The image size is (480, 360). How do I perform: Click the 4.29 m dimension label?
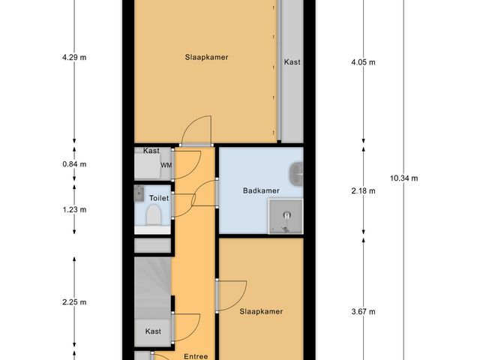tap(74, 56)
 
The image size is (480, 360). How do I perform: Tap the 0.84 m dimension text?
tap(74, 164)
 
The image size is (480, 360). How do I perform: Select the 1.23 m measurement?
tap(74, 210)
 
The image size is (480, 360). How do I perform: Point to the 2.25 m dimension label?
tap(74, 302)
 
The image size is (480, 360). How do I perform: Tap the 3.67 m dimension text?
tap(364, 312)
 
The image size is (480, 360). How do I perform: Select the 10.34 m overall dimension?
tap(404, 178)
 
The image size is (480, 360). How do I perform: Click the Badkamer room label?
tap(261, 190)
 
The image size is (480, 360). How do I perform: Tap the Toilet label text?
tap(159, 198)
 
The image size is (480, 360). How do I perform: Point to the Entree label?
tap(195, 355)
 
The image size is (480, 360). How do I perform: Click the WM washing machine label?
tap(166, 165)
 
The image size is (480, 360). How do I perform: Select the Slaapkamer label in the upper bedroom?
tap(207, 57)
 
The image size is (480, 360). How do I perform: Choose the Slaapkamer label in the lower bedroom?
tap(261, 311)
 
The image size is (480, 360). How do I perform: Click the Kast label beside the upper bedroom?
tap(292, 62)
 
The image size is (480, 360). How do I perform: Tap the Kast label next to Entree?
tap(153, 331)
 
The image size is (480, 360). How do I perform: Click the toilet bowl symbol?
tap(154, 217)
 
